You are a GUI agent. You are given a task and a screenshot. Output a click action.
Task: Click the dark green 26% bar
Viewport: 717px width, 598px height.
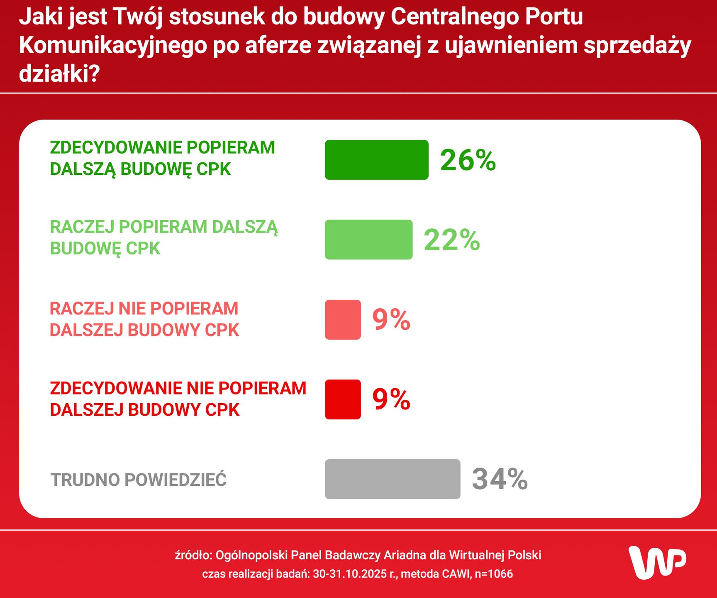(x=376, y=160)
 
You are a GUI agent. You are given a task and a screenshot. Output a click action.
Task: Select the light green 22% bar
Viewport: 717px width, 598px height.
(x=368, y=240)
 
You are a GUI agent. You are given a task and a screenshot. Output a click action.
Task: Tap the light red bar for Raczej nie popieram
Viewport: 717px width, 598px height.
(x=343, y=320)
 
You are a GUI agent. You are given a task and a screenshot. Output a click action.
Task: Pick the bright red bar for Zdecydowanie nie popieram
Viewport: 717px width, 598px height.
(x=343, y=399)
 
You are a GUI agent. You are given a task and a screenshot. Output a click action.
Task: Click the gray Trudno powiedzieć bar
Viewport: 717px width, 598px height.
(x=393, y=479)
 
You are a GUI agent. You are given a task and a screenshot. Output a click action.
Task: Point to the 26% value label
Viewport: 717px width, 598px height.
(x=468, y=160)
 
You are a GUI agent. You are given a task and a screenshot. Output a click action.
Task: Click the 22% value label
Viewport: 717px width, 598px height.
(x=451, y=240)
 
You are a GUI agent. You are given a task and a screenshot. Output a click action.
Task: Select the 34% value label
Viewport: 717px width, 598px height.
(x=500, y=479)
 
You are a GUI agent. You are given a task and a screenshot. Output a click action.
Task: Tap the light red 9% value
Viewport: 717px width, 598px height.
(x=391, y=320)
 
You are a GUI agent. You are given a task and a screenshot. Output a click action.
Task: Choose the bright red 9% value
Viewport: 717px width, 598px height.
(x=391, y=399)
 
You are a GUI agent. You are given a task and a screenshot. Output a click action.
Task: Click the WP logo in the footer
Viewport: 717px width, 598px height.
(x=657, y=563)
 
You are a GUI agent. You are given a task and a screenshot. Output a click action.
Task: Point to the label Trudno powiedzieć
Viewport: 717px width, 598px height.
(x=138, y=480)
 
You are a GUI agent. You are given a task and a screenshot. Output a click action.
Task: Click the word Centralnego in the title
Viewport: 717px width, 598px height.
(x=455, y=17)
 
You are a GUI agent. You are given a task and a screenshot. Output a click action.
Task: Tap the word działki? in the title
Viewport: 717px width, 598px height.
(x=59, y=74)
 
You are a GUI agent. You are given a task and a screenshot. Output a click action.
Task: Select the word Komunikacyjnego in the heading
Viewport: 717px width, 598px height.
(x=113, y=45)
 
